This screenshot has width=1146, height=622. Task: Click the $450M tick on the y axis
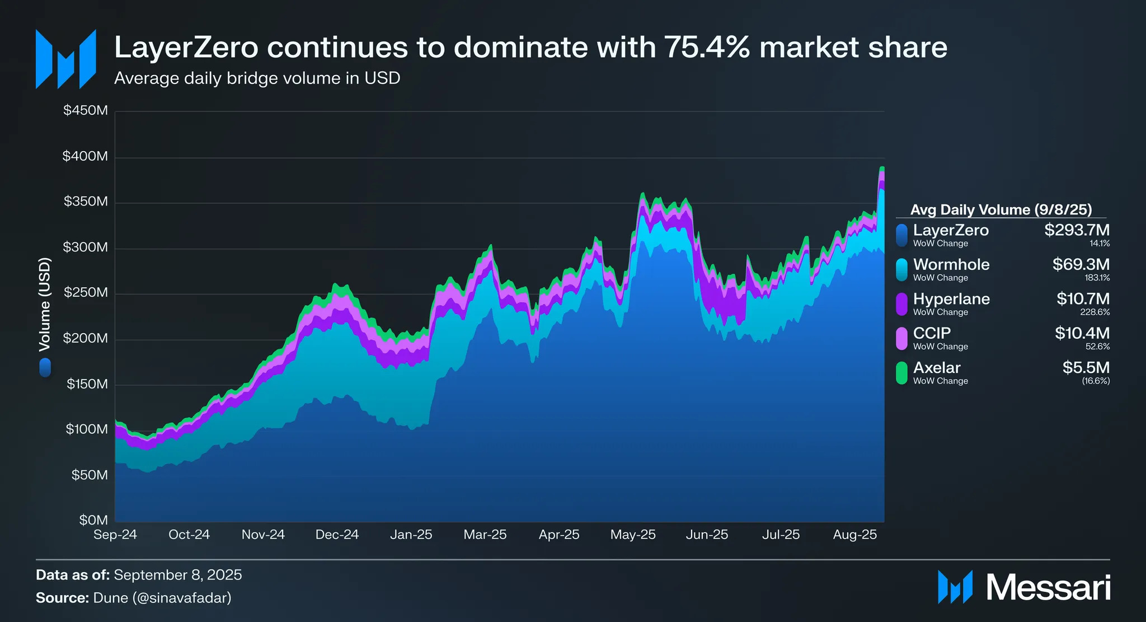[x=86, y=110]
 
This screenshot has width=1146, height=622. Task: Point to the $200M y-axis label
[x=86, y=338]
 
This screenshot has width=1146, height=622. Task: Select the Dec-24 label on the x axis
[x=337, y=535]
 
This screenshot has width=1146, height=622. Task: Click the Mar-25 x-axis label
[x=485, y=535]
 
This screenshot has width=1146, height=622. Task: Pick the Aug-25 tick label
[x=855, y=535]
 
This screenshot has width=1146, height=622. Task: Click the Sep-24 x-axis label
[x=115, y=535]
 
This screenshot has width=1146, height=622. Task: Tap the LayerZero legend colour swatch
[x=901, y=235]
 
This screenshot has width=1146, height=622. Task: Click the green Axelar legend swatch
[x=901, y=373]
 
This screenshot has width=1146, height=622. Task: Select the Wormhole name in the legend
[x=951, y=264]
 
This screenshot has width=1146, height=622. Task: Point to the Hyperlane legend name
[x=951, y=299]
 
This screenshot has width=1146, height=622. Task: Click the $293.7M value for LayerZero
[x=1077, y=230]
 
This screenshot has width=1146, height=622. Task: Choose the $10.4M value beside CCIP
[x=1082, y=333]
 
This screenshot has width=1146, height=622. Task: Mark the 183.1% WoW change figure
[x=1097, y=278]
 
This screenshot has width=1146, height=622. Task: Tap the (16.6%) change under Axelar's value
[x=1096, y=381]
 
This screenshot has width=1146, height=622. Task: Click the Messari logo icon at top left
[x=65, y=59]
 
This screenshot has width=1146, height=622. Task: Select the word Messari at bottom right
[x=1048, y=588]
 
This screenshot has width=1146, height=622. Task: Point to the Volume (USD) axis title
[x=45, y=305]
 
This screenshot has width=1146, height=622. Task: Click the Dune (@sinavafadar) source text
[x=162, y=598]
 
